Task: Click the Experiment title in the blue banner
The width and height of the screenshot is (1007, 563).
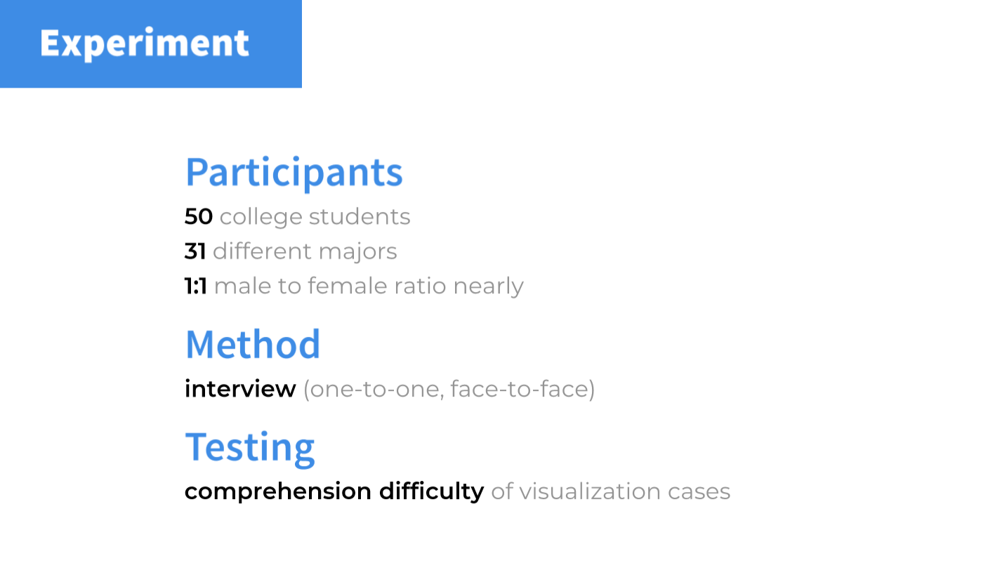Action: point(144,44)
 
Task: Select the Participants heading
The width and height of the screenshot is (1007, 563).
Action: point(294,173)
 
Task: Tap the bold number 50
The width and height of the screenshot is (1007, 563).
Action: point(198,217)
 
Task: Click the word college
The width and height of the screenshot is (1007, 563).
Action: point(261,218)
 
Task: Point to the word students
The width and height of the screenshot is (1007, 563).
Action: point(360,217)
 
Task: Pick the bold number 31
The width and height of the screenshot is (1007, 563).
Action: point(195,251)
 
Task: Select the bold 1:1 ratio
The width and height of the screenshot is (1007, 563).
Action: point(196,286)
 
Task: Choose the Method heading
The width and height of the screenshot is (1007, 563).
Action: point(253,344)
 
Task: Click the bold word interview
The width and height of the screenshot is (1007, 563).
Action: point(240,389)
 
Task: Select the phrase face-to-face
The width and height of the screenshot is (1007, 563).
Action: point(520,389)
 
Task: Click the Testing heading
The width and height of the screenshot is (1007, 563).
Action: point(250,448)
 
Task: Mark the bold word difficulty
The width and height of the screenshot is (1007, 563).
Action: point(432,491)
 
